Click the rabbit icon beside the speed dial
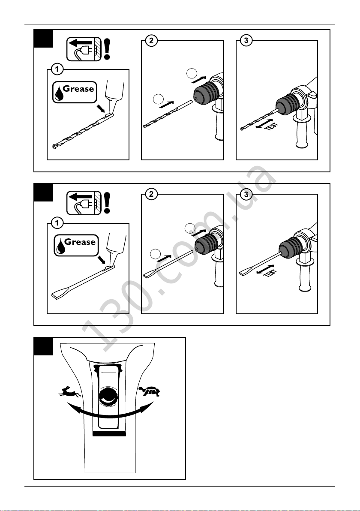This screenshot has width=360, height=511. [x=70, y=391]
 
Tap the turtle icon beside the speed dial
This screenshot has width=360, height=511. [x=150, y=391]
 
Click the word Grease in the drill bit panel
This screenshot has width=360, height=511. [x=78, y=89]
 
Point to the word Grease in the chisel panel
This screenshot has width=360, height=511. [x=80, y=242]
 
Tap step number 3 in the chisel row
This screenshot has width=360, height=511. [x=246, y=195]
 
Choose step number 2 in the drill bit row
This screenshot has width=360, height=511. [x=151, y=41]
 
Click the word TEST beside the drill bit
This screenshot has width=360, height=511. [x=272, y=126]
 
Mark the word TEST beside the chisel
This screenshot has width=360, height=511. [x=270, y=273]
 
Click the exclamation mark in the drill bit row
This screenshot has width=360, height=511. [x=107, y=49]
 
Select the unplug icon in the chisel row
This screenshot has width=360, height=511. [x=84, y=203]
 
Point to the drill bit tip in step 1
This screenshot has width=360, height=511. [x=54, y=147]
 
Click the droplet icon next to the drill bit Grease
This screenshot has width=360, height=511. [x=59, y=93]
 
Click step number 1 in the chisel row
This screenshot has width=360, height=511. [x=57, y=223]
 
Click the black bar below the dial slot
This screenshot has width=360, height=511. [x=109, y=434]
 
